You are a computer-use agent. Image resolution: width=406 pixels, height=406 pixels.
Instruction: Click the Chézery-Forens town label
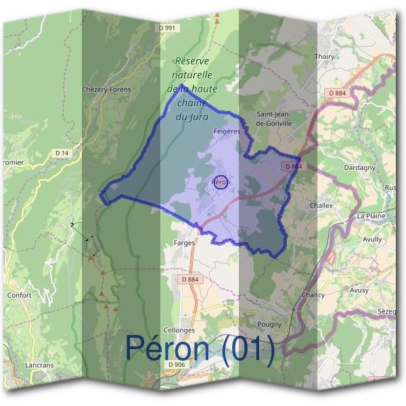tap(106, 89)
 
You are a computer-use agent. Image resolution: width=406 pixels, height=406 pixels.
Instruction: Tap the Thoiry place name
tap(325, 57)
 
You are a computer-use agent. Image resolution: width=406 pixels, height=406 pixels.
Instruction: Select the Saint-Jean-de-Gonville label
tap(274, 119)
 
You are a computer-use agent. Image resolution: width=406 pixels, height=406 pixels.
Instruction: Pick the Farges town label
tap(184, 242)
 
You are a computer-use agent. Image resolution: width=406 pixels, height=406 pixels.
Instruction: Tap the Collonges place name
tap(179, 330)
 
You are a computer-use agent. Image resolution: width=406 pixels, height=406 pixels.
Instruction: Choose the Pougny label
tap(270, 324)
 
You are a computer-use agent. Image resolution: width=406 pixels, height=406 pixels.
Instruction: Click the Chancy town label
tap(313, 295)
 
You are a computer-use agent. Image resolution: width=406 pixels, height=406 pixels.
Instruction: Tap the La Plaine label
tap(370, 216)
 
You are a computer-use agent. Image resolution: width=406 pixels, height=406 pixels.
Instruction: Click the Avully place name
tap(372, 239)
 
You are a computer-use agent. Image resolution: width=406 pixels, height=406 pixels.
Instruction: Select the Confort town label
tap(19, 295)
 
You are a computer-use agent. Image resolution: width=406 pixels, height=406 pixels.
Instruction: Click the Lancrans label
tap(39, 365)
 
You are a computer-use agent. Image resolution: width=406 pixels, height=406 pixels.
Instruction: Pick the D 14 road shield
tap(62, 154)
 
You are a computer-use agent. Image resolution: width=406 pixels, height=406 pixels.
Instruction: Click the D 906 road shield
tap(175, 365)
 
